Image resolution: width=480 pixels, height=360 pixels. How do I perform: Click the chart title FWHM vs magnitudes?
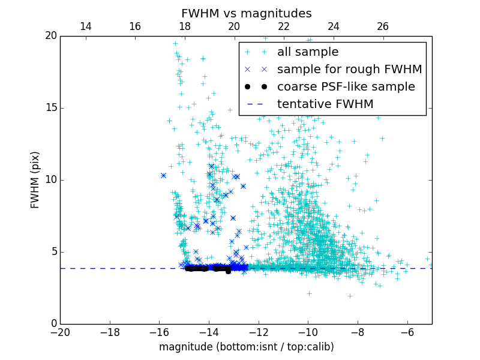pos(246,13)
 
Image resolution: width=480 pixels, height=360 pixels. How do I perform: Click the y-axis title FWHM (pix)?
pos(35,180)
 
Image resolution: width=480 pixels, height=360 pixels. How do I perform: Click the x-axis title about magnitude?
pos(246,347)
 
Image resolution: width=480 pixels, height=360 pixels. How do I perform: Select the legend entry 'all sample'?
pos(308,52)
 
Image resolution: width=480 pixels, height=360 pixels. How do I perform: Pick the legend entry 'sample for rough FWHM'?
pos(349,70)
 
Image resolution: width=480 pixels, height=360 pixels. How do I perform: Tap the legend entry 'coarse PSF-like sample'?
pos(346,87)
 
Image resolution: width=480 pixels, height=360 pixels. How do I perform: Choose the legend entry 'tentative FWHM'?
pos(325,104)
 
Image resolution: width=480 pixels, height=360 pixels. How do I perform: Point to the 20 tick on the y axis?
pos(50,36)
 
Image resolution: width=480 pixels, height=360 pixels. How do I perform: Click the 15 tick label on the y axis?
pos(50,108)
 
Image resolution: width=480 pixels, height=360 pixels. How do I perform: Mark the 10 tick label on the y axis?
pos(50,180)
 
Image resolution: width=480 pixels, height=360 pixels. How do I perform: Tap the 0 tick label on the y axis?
pos(53,324)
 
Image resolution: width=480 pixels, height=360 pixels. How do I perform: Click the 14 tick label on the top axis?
pos(85,26)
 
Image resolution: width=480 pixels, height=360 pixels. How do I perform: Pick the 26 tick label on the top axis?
pos(383,26)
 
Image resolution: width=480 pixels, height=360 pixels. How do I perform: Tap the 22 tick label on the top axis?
pos(284,26)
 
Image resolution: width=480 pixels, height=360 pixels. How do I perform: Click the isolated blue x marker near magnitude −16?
pos(163,175)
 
